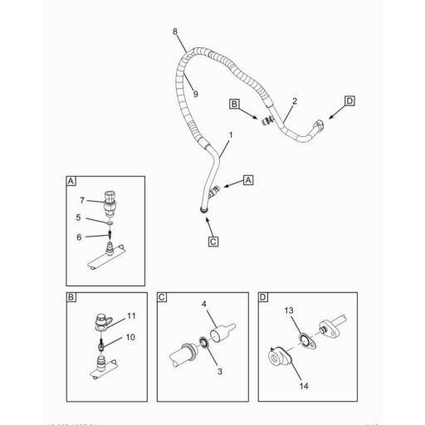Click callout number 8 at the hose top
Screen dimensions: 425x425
pos(175,32)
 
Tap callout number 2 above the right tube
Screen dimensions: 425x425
pos(294,101)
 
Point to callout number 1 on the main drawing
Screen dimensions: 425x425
pos(230,134)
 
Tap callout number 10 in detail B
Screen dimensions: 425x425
pos(129,338)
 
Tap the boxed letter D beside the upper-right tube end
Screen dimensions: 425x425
pos(349,101)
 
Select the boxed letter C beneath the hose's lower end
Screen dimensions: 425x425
pos(212,242)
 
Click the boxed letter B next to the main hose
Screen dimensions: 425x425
pos(235,104)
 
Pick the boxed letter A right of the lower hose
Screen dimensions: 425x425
pos(247,179)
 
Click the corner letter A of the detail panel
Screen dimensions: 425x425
pos(71,180)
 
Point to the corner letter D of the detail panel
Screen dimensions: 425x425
pos(263,297)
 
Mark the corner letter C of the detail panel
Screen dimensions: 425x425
pos(163,297)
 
